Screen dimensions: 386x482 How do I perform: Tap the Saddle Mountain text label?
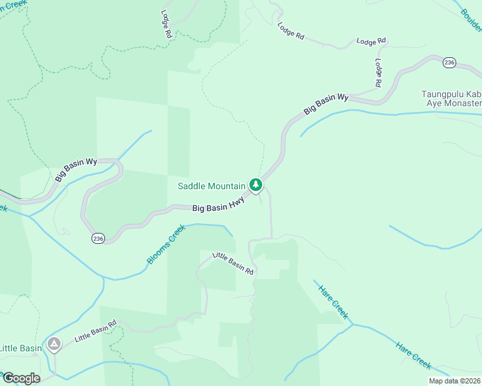pyautogui.click(x=211, y=187)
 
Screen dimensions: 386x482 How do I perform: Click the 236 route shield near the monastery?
pyautogui.click(x=450, y=62)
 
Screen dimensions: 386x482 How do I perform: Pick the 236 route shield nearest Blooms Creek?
pyautogui.click(x=98, y=238)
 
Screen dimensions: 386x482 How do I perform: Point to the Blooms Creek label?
pyautogui.click(x=166, y=244)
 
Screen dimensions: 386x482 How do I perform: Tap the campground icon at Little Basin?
pyautogui.click(x=53, y=345)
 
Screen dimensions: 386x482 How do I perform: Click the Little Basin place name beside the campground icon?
pyautogui.click(x=21, y=348)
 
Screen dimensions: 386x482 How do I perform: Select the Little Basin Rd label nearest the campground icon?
pyautogui.click(x=95, y=330)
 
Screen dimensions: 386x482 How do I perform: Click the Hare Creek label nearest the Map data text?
pyautogui.click(x=413, y=355)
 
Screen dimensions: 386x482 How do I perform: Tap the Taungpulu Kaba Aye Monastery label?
pyautogui.click(x=451, y=98)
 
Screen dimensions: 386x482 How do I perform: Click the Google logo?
pyautogui.click(x=21, y=378)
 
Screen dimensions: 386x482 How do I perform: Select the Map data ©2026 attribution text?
pyautogui.click(x=454, y=381)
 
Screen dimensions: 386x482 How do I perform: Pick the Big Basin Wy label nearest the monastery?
pyautogui.click(x=326, y=104)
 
